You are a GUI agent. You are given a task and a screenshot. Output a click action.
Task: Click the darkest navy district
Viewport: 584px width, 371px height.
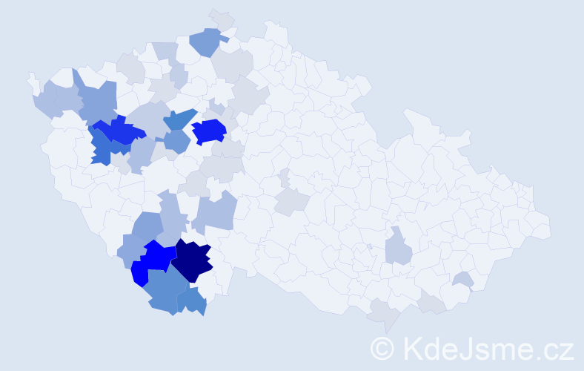click(x=193, y=261)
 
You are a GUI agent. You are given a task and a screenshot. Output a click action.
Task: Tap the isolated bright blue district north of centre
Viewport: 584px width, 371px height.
click(x=209, y=131)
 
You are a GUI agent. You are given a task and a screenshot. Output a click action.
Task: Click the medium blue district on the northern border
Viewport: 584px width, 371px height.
click(x=208, y=42)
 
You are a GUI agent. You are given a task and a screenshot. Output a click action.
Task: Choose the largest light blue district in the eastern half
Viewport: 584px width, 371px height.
click(x=399, y=247)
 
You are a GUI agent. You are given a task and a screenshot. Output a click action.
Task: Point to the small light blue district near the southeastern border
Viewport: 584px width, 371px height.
click(x=463, y=279)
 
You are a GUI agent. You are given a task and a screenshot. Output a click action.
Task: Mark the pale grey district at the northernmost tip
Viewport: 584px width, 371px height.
click(x=221, y=19)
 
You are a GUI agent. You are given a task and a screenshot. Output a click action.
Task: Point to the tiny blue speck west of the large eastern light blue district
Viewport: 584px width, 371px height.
click(x=369, y=246)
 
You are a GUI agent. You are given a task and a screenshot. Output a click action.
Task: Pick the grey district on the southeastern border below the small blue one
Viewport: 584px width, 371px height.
click(x=431, y=302)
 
